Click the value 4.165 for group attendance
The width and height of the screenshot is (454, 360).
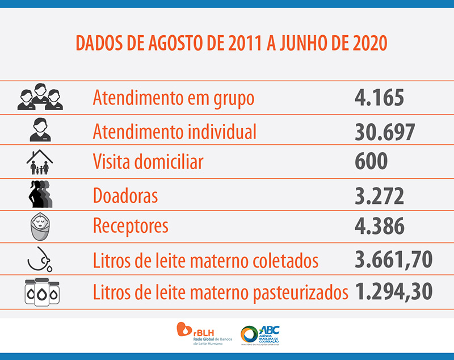(x=379, y=98)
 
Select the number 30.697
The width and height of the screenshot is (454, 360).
(x=385, y=132)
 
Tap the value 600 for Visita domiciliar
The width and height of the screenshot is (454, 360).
(x=371, y=162)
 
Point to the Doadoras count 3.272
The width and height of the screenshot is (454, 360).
(x=379, y=196)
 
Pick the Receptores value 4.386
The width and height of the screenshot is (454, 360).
(x=379, y=226)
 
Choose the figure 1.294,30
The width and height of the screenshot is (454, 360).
(x=393, y=291)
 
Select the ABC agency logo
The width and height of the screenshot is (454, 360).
(x=260, y=334)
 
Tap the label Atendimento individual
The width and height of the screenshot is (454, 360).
(x=174, y=132)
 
